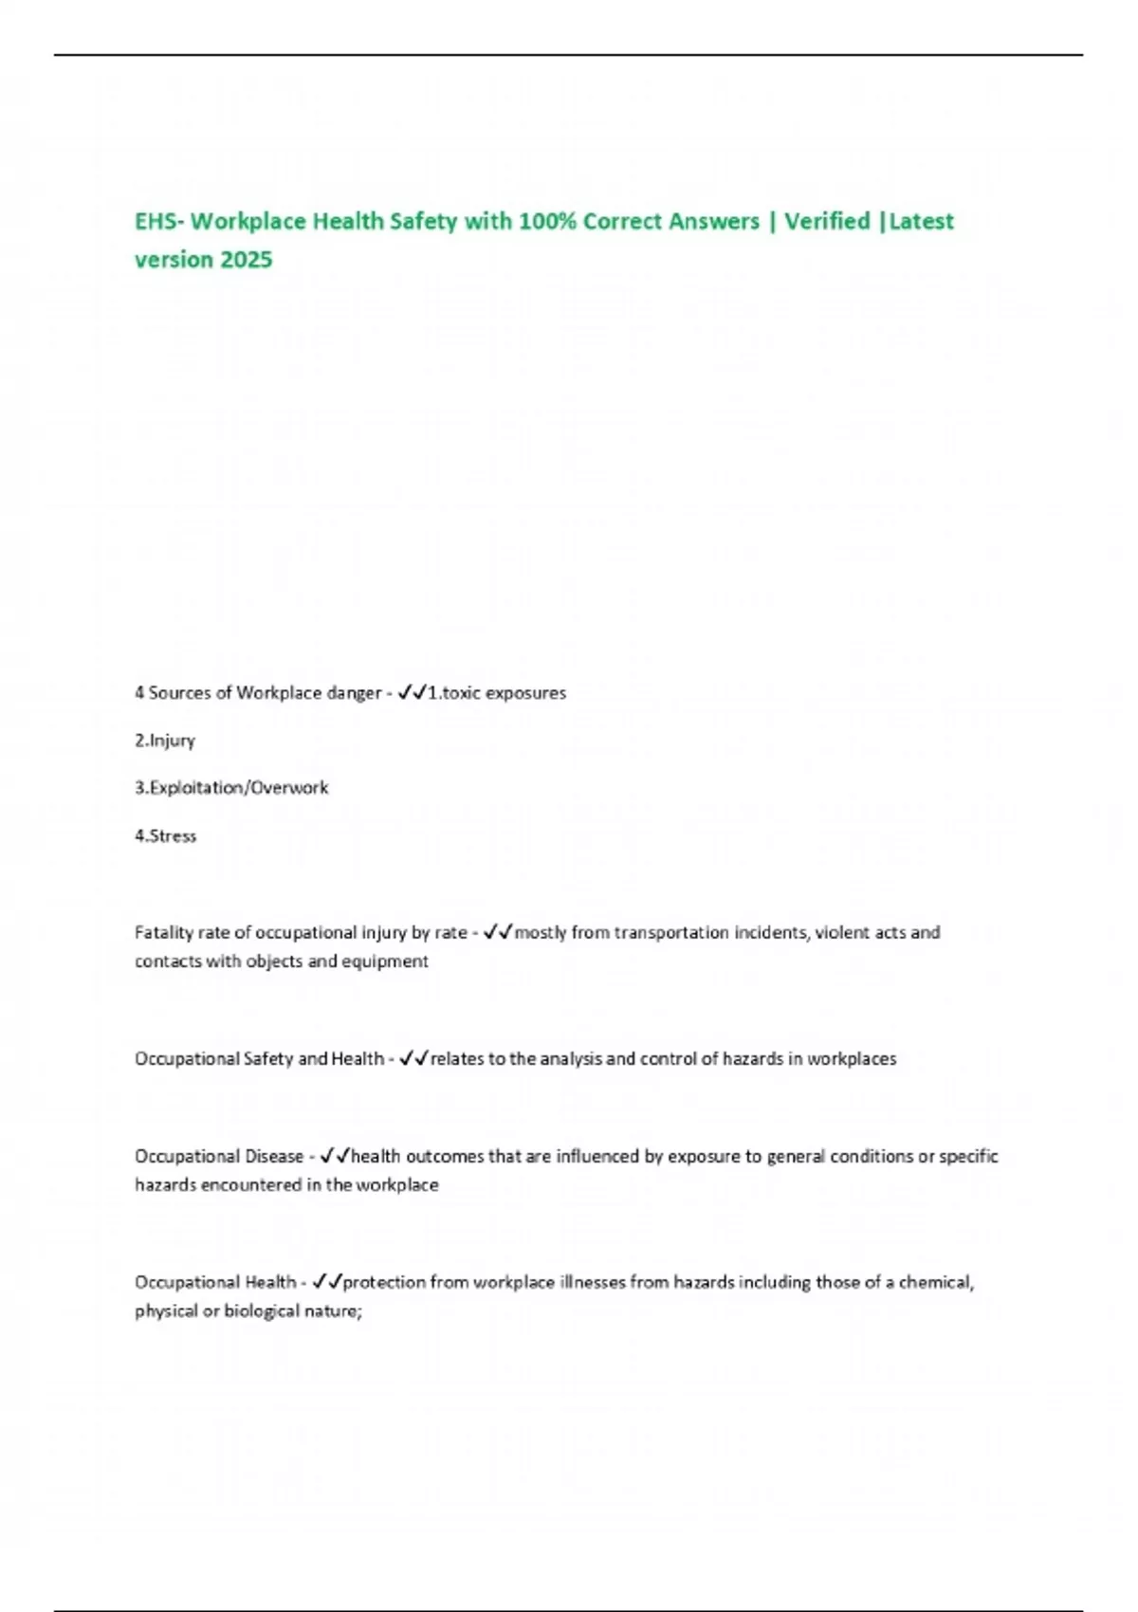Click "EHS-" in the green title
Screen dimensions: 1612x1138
tap(159, 221)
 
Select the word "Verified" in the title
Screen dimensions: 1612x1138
tap(826, 221)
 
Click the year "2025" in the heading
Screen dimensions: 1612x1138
tap(246, 260)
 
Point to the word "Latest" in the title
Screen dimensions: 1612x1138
tap(921, 221)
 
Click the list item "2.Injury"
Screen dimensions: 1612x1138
tap(165, 741)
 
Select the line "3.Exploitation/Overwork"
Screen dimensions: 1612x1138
tap(231, 788)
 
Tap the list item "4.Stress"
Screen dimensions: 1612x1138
tap(166, 836)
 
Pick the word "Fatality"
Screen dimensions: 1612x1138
tap(164, 933)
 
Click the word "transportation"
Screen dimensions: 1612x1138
tap(671, 933)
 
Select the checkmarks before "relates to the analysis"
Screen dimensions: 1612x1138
tap(414, 1059)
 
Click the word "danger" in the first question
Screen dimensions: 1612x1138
tap(353, 693)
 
